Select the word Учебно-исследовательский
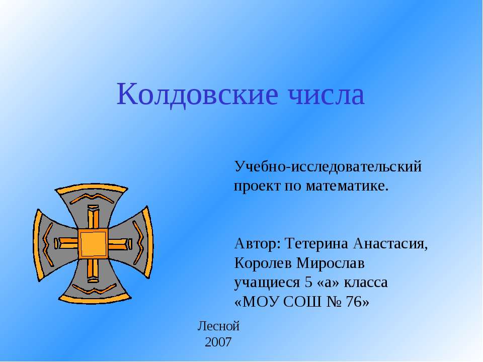pos(328,166)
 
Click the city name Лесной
pos(219,326)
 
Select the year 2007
pos(219,343)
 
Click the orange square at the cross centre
pos(93,244)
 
